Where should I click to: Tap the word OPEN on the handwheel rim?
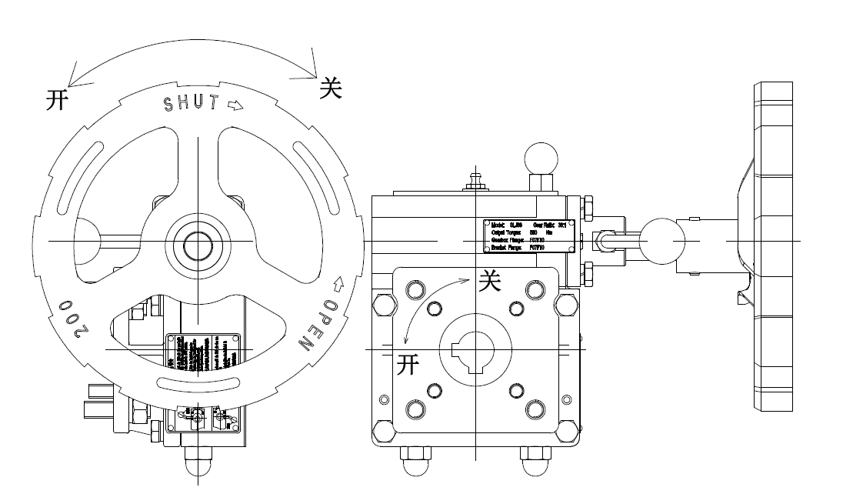(318, 324)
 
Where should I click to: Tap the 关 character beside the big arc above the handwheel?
(332, 89)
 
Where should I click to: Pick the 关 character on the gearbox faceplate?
(490, 281)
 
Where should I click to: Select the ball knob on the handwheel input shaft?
(659, 240)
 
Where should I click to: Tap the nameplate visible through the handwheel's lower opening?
(204, 354)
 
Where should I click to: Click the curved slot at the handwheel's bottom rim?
(198, 382)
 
